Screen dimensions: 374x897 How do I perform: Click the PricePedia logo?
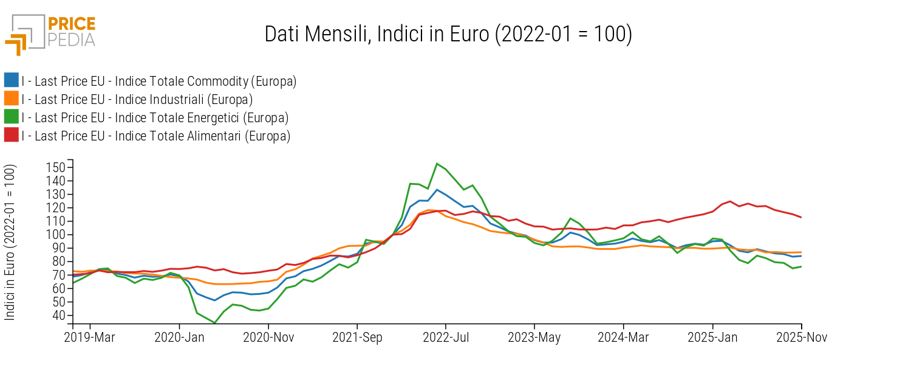click(x=50, y=33)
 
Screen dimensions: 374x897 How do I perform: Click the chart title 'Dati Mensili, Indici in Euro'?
click(x=448, y=34)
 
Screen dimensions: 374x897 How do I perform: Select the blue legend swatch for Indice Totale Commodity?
click(x=11, y=80)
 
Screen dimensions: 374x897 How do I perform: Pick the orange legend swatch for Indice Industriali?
click(x=11, y=99)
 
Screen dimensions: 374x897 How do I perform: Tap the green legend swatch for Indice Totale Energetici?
click(x=11, y=117)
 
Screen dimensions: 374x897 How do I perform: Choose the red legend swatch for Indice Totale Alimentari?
click(x=11, y=135)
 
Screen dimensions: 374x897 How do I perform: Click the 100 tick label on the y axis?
click(x=61, y=235)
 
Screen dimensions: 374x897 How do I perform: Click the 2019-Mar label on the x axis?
click(x=90, y=338)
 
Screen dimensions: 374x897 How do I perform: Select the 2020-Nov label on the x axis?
click(x=268, y=338)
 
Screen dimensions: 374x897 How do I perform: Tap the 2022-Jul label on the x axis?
click(x=446, y=338)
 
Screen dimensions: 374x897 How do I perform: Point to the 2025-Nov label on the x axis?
click(x=801, y=338)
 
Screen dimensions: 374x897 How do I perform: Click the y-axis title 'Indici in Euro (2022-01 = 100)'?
click(x=10, y=242)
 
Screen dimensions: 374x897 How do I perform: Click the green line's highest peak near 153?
click(x=437, y=164)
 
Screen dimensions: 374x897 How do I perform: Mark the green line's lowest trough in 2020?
click(x=215, y=323)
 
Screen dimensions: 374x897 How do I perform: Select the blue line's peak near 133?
click(x=437, y=190)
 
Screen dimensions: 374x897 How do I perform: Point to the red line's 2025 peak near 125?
click(x=730, y=201)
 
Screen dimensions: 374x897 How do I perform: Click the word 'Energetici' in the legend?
click(x=264, y=117)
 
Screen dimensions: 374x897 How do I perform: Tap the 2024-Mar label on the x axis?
click(x=623, y=338)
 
